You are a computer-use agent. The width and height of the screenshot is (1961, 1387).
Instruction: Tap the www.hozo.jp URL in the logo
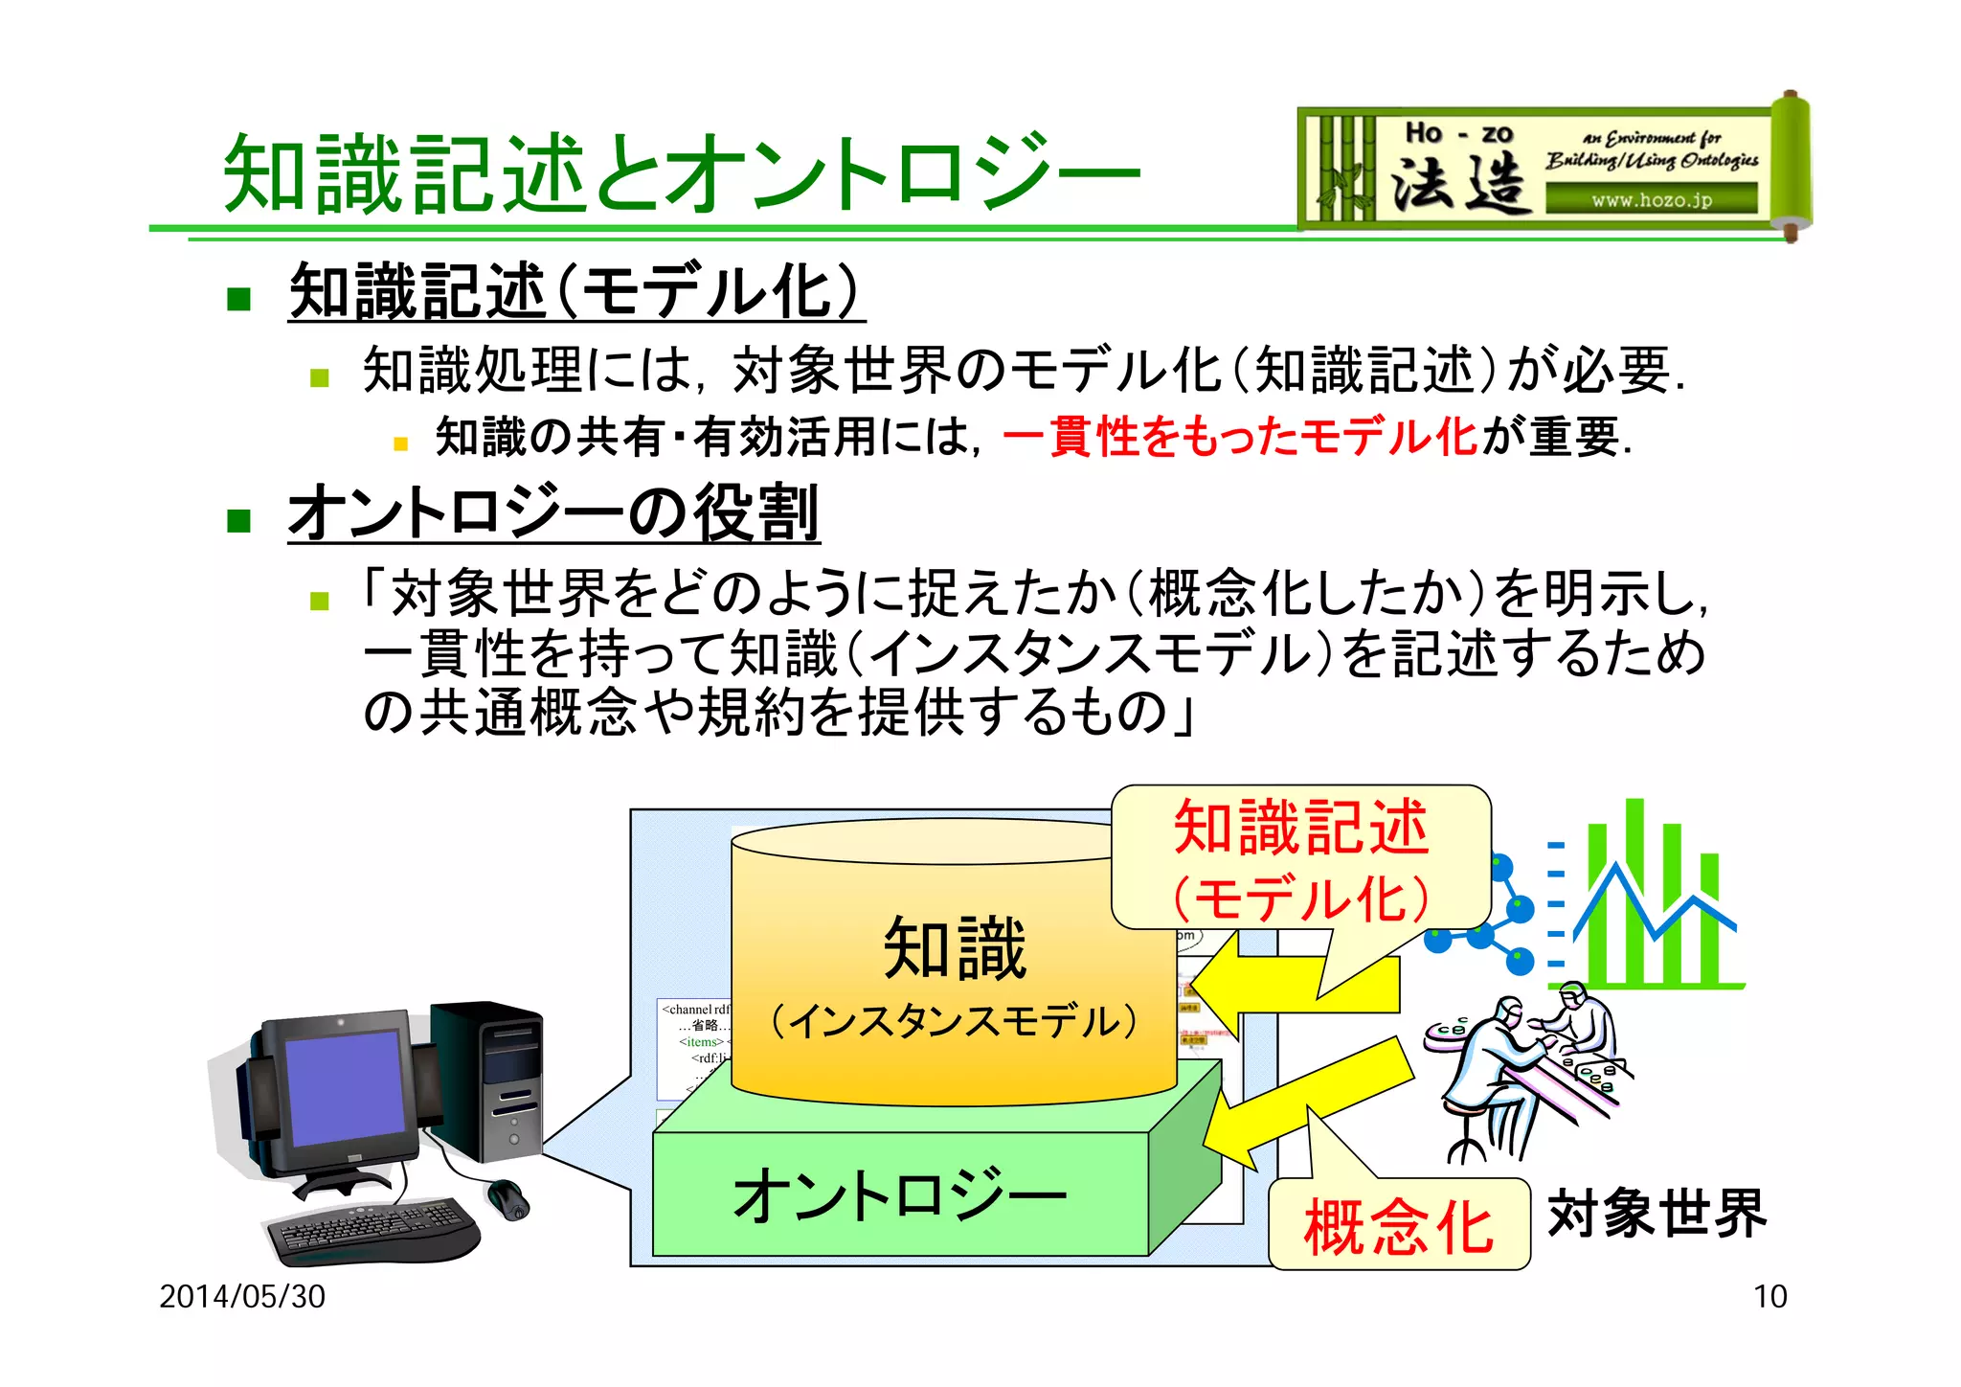[x=1652, y=200]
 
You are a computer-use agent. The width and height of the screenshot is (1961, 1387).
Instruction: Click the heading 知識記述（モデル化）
[x=576, y=291]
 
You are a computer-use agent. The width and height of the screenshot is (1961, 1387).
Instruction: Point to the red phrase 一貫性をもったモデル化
[x=1240, y=437]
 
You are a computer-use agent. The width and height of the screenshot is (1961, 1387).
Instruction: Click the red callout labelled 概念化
[x=1398, y=1226]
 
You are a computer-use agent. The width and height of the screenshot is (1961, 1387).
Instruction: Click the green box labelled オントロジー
[x=899, y=1194]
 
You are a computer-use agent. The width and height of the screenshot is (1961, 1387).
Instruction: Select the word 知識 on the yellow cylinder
[x=955, y=947]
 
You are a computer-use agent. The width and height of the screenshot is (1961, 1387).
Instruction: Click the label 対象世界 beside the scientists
[x=1657, y=1214]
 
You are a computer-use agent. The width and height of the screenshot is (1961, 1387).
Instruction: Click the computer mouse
[x=507, y=1198]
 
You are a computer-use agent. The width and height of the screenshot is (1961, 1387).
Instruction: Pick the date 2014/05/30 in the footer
[x=242, y=1296]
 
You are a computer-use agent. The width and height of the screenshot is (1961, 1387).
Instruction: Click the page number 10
[x=1769, y=1296]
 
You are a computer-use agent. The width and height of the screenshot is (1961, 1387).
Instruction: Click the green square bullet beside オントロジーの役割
[x=238, y=520]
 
